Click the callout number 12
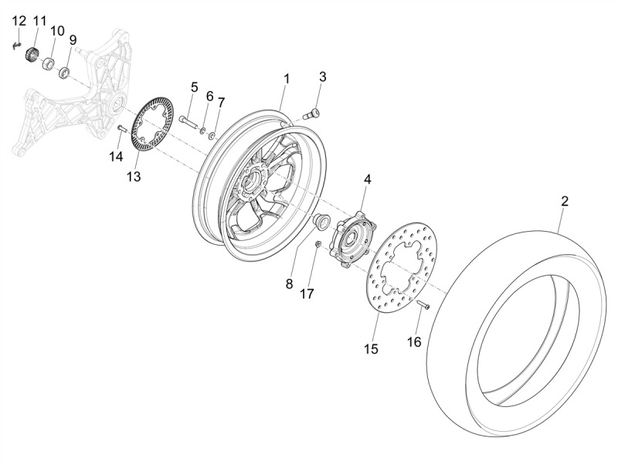(19, 20)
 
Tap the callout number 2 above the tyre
(565, 201)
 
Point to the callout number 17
(307, 294)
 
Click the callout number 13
(134, 178)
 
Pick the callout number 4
(367, 178)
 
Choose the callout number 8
(289, 283)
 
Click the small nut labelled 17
(318, 245)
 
